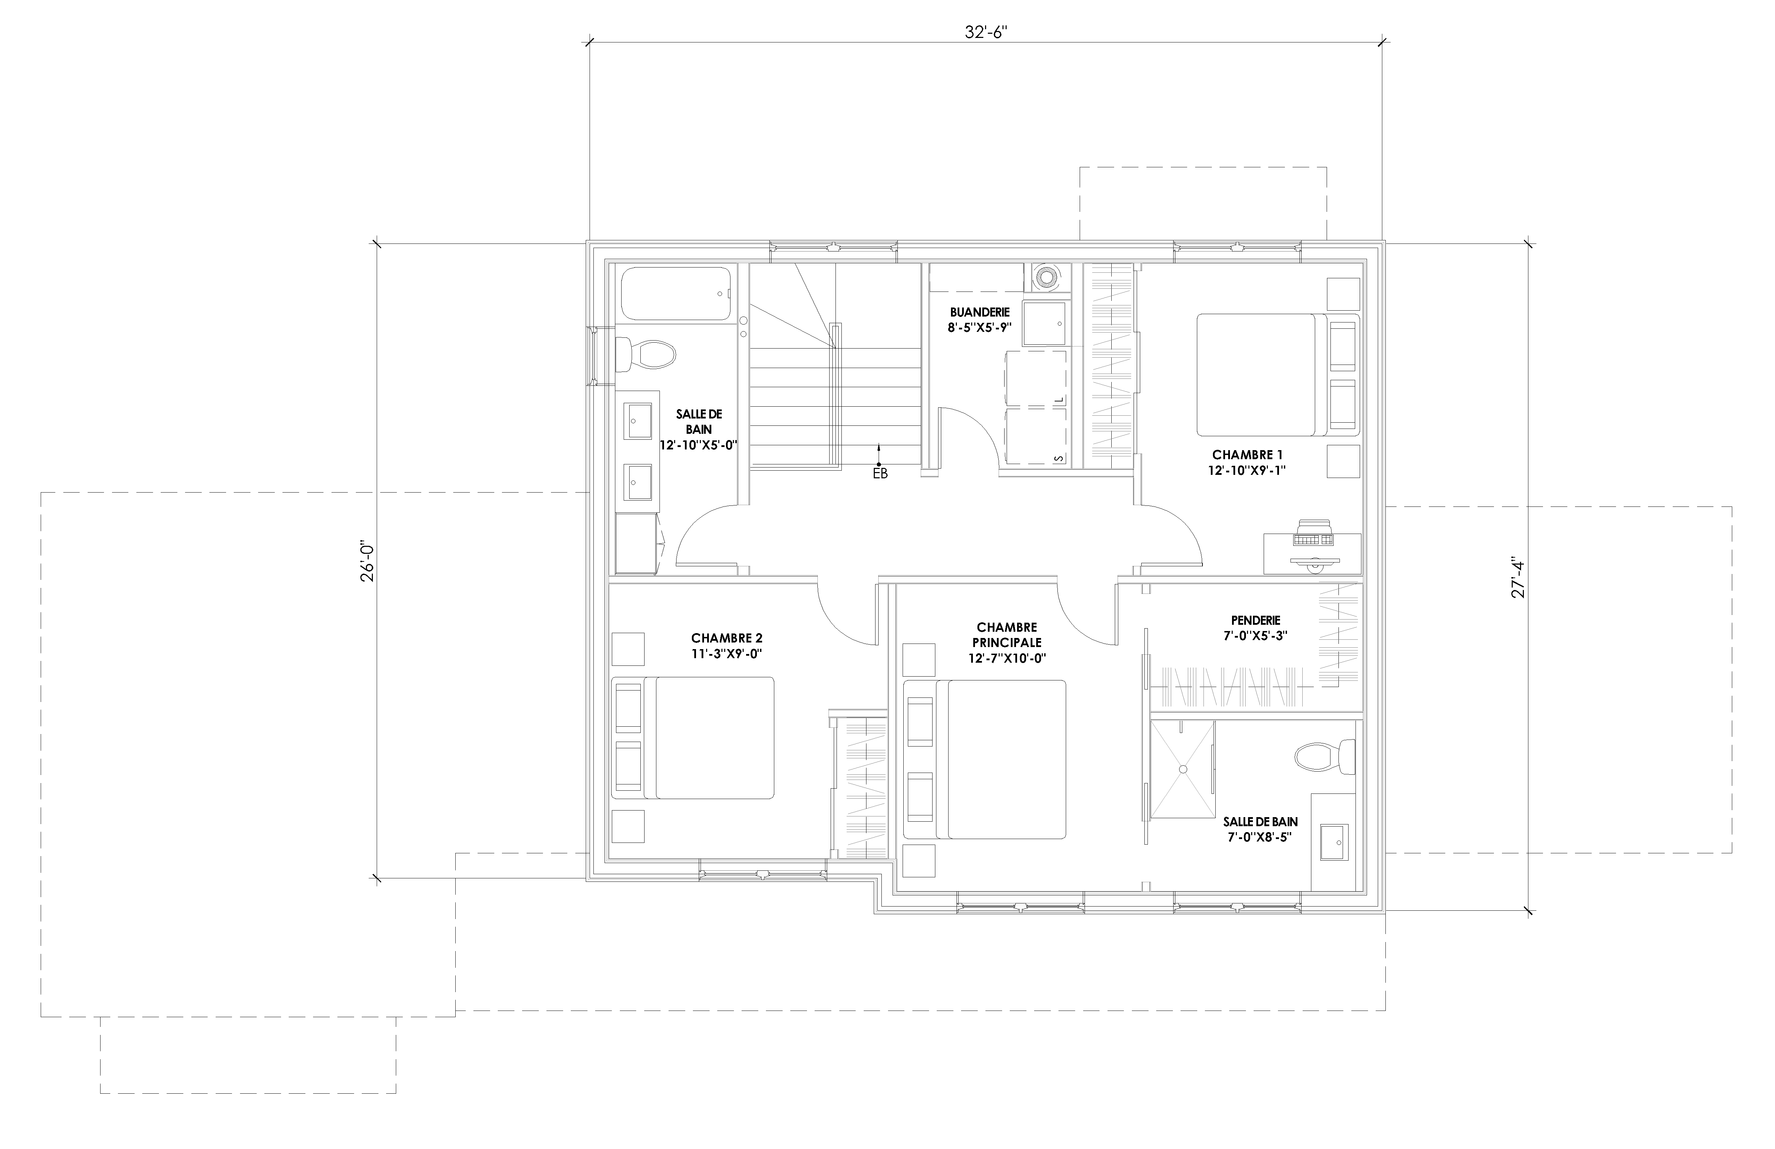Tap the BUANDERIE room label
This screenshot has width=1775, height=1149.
[979, 312]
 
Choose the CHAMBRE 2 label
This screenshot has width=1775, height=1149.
[726, 638]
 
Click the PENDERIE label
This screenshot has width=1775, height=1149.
[1256, 620]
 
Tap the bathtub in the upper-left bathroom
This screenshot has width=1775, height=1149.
[675, 295]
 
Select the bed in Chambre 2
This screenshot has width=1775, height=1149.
[693, 738]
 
